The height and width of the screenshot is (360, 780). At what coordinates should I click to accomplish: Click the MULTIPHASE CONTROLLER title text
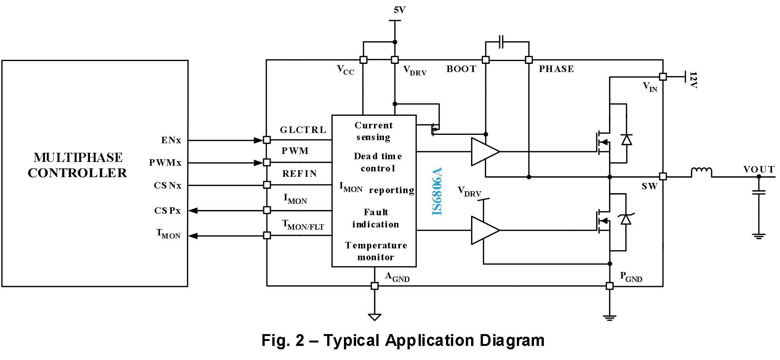click(x=77, y=165)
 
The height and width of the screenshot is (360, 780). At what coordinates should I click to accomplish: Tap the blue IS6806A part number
click(x=437, y=191)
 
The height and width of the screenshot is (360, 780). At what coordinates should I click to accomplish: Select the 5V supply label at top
click(x=399, y=10)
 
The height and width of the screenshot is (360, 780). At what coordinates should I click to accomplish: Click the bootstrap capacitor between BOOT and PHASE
click(x=501, y=42)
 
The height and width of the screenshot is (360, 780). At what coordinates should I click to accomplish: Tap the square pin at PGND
click(x=609, y=286)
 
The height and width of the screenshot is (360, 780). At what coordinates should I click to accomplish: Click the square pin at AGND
click(x=374, y=286)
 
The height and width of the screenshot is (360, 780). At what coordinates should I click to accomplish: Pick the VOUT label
click(x=759, y=170)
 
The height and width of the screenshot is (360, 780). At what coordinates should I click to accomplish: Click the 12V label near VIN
click(x=693, y=80)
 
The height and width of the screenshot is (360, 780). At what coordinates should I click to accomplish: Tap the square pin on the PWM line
click(x=267, y=163)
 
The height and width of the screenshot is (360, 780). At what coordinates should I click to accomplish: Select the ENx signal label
click(x=171, y=140)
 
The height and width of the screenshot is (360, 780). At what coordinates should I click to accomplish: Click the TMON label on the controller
click(x=168, y=234)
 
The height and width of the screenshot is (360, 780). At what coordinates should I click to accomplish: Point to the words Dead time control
click(x=377, y=162)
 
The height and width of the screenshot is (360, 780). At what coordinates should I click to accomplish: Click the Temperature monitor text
click(x=376, y=251)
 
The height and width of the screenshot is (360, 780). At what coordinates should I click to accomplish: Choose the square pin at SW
click(x=663, y=176)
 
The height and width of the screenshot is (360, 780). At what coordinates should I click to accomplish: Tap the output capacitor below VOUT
click(x=759, y=192)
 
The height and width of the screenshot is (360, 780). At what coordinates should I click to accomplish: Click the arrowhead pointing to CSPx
click(x=193, y=210)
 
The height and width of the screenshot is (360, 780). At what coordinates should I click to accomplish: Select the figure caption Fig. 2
click(x=403, y=340)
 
